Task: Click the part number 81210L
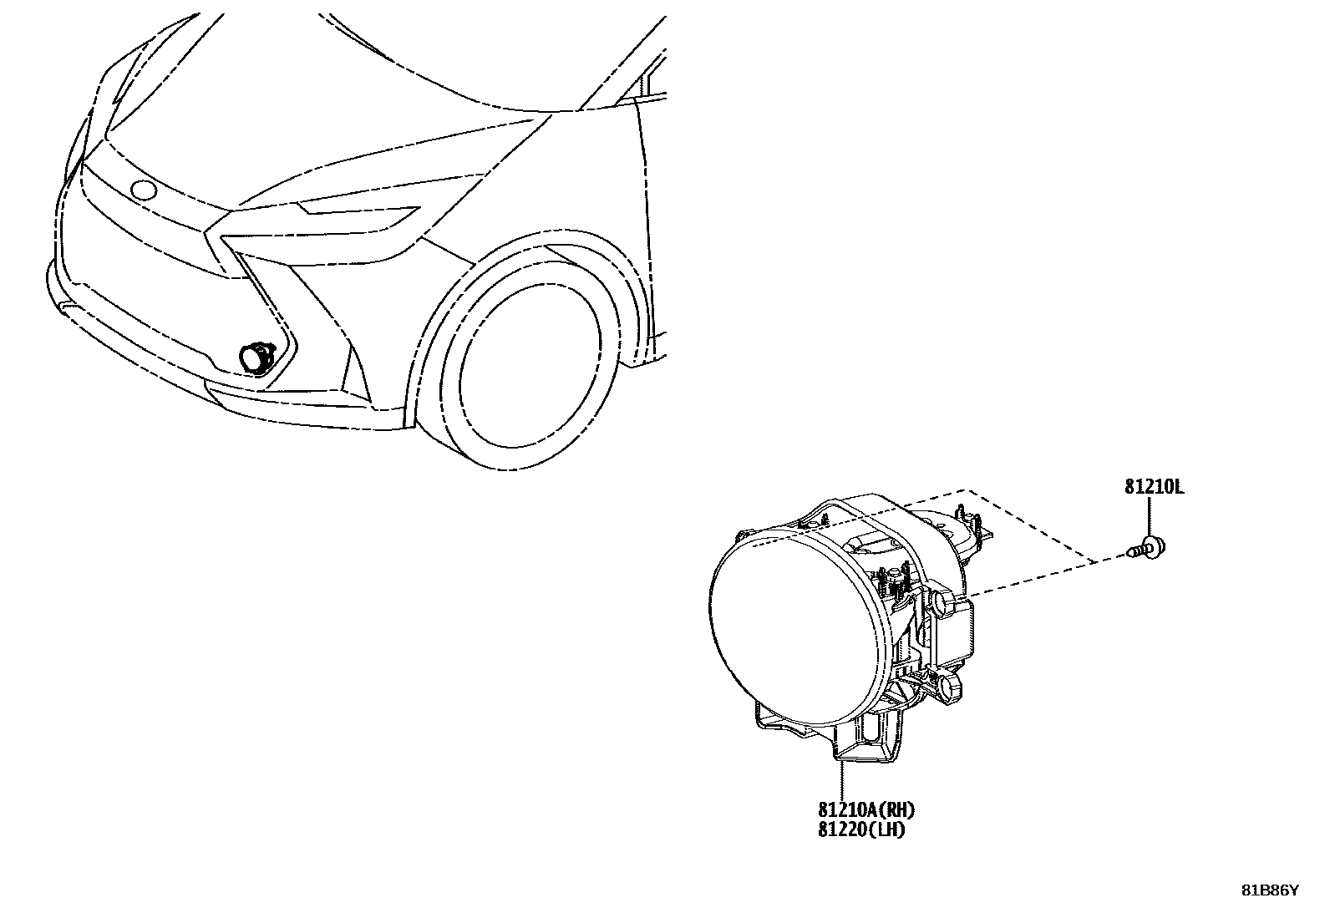(x=1154, y=487)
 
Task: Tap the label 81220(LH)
(x=860, y=830)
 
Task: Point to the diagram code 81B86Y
(x=1269, y=890)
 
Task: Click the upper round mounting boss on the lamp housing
(x=942, y=601)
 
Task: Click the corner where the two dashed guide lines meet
(x=967, y=489)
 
